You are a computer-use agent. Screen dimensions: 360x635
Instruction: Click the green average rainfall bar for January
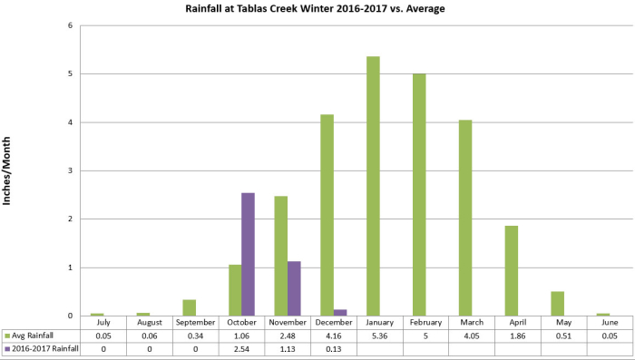pyautogui.click(x=373, y=186)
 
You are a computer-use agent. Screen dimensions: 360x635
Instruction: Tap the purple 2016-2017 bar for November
pyautogui.click(x=294, y=288)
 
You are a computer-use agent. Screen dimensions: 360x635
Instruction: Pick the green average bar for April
pyautogui.click(x=511, y=270)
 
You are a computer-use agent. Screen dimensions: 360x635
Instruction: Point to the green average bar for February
pyautogui.click(x=419, y=194)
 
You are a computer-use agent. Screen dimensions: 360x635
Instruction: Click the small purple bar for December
pyautogui.click(x=340, y=313)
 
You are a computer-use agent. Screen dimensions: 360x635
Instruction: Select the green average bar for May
pyautogui.click(x=557, y=303)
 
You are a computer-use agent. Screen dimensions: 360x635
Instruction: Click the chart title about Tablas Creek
pyautogui.click(x=317, y=9)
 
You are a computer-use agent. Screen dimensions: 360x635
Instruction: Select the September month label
pyautogui.click(x=196, y=322)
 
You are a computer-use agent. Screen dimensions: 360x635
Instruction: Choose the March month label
pyautogui.click(x=472, y=322)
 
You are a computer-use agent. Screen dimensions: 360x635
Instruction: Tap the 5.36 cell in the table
pyautogui.click(x=379, y=336)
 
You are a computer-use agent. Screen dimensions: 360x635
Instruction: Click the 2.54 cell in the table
pyautogui.click(x=241, y=348)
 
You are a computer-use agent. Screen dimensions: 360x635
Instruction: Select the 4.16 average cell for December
pyautogui.click(x=333, y=336)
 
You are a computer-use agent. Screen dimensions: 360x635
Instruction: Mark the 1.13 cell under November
pyautogui.click(x=288, y=348)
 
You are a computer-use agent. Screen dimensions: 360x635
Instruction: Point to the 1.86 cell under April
pyautogui.click(x=518, y=336)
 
